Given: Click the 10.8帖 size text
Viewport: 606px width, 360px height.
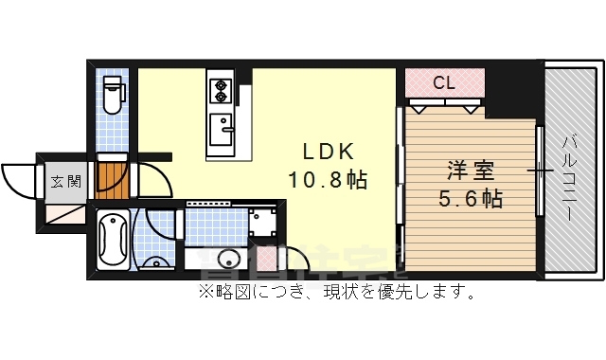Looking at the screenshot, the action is (x=329, y=178).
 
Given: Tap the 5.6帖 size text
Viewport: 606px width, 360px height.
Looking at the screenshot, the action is (x=471, y=199).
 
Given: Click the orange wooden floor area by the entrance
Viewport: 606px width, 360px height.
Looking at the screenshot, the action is (x=113, y=177).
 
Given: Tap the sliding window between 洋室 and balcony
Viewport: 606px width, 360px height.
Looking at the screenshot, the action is (x=539, y=171).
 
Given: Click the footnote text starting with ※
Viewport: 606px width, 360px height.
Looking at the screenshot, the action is (x=335, y=292).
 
